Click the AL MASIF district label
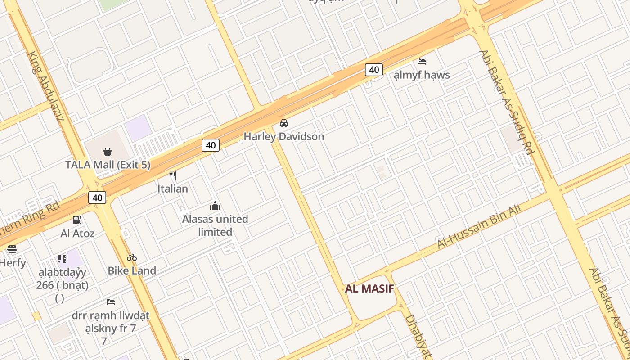[369, 289]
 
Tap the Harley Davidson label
[283, 136]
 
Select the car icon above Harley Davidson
[284, 123]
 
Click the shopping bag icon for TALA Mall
[108, 152]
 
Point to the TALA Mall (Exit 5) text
[108, 165]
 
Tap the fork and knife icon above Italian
[173, 175]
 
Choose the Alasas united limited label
[215, 225]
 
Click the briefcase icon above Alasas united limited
[215, 206]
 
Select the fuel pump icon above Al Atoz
[77, 220]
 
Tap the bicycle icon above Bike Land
[132, 257]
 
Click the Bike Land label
[132, 270]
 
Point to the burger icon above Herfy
[12, 249]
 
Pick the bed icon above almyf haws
[422, 61]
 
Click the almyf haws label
[422, 75]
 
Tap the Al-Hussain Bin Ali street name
[479, 226]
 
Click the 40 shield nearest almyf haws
[373, 70]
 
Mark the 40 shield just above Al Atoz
[97, 198]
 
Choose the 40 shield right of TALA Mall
[211, 145]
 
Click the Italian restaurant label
[173, 189]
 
